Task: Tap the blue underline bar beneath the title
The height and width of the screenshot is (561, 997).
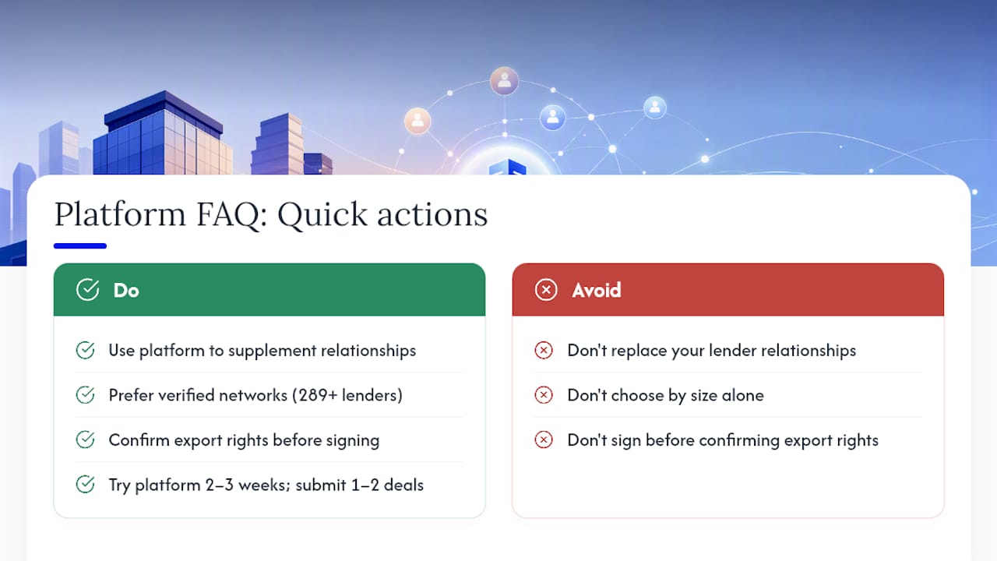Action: click(80, 245)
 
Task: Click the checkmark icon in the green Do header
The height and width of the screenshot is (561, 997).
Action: click(88, 290)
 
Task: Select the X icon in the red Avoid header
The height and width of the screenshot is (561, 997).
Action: click(546, 290)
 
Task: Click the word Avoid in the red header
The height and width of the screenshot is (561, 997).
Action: click(597, 291)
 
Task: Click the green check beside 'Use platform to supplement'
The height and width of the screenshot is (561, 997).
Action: click(85, 351)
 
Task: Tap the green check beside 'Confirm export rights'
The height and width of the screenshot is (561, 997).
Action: click(85, 440)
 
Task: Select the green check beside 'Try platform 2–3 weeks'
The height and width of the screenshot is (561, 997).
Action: click(85, 485)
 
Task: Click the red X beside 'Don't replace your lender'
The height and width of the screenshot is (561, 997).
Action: click(544, 351)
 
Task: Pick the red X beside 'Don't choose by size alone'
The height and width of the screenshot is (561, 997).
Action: click(544, 395)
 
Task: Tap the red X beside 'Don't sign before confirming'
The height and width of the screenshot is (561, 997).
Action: click(544, 440)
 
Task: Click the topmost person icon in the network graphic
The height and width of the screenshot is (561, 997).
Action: click(504, 81)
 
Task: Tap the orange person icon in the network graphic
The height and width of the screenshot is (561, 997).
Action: click(417, 121)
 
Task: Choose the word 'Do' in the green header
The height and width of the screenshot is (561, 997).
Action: click(126, 291)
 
